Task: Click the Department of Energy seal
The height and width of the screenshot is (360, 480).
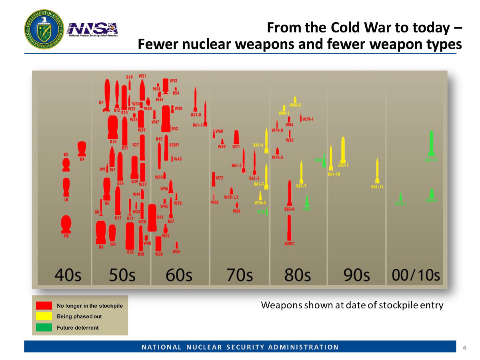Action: [x=43, y=29]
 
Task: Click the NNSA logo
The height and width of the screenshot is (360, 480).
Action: [x=93, y=29]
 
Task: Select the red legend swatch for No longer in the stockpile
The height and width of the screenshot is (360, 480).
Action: [x=44, y=306]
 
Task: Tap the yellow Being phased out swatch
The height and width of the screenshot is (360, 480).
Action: [x=44, y=316]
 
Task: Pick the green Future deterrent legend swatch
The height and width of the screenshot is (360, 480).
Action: [x=44, y=328]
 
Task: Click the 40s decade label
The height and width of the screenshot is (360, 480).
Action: [x=67, y=276]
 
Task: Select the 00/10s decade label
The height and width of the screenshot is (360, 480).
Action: [x=416, y=276]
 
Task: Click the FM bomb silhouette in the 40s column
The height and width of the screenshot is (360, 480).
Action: [x=66, y=224]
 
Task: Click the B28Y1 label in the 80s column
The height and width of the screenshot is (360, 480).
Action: [x=289, y=244]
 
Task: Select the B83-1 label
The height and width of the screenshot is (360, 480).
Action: [x=343, y=165]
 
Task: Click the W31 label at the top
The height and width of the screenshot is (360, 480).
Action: [x=142, y=76]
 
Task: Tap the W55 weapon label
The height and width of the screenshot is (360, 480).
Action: [x=176, y=252]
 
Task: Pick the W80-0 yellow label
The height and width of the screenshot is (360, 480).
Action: [x=295, y=105]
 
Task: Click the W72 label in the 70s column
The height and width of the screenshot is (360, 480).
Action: [x=219, y=178]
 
